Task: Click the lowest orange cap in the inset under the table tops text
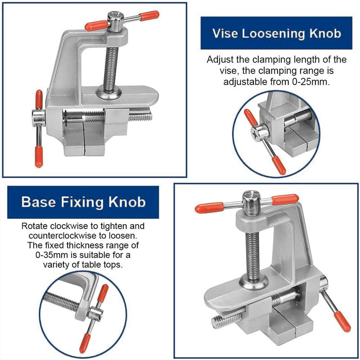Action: click(x=84, y=344)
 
